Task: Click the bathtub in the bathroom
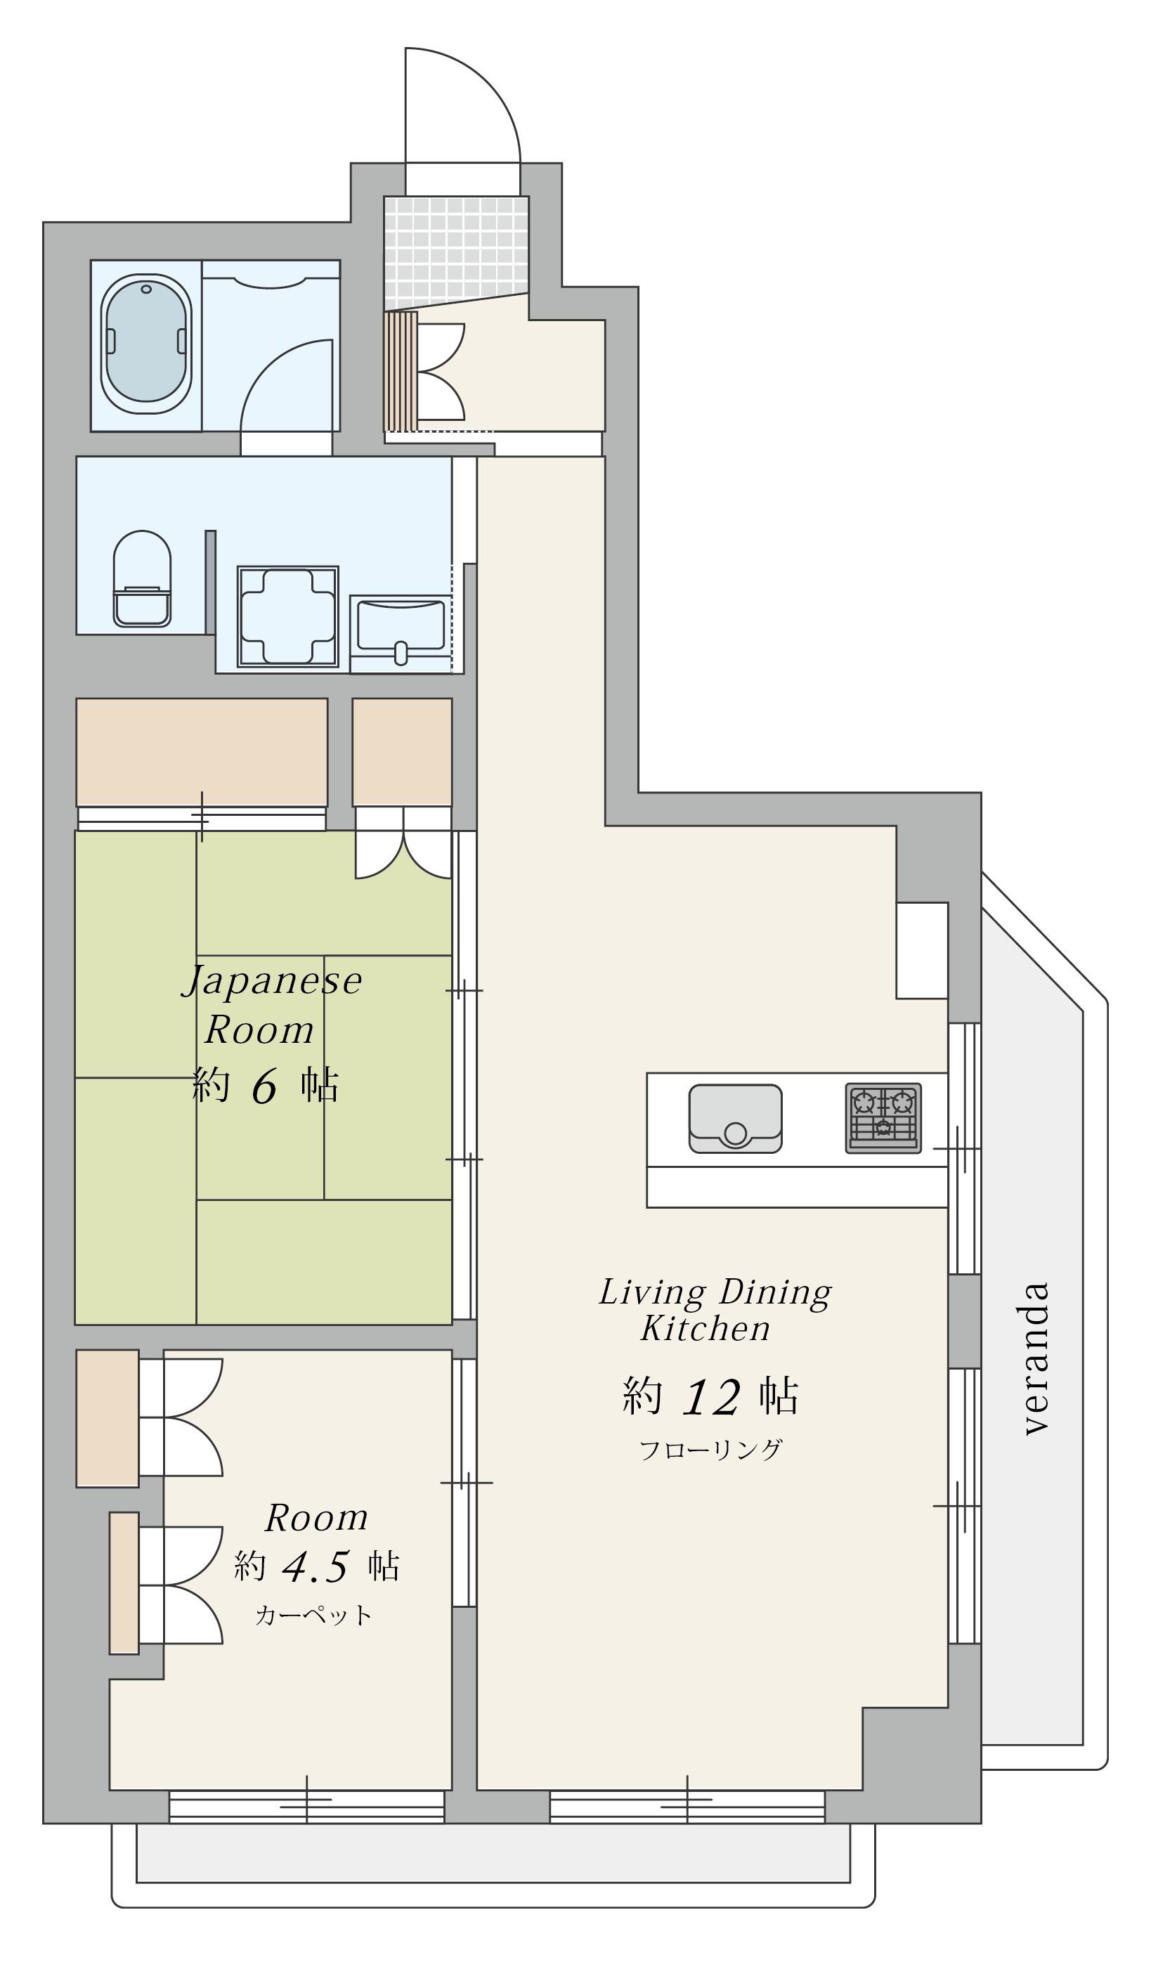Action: tap(145, 344)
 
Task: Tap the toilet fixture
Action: tap(142, 578)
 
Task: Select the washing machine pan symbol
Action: tap(287, 616)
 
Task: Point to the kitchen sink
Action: tap(735, 1118)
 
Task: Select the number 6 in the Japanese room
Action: tap(264, 1087)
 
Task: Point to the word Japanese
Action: tap(273, 981)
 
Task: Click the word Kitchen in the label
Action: tap(705, 1328)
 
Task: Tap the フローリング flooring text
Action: tap(710, 1450)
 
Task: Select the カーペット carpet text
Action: tap(314, 1616)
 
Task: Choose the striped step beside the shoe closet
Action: tap(401, 371)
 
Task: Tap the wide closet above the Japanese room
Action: tap(202, 752)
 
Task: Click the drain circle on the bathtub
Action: tap(146, 290)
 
